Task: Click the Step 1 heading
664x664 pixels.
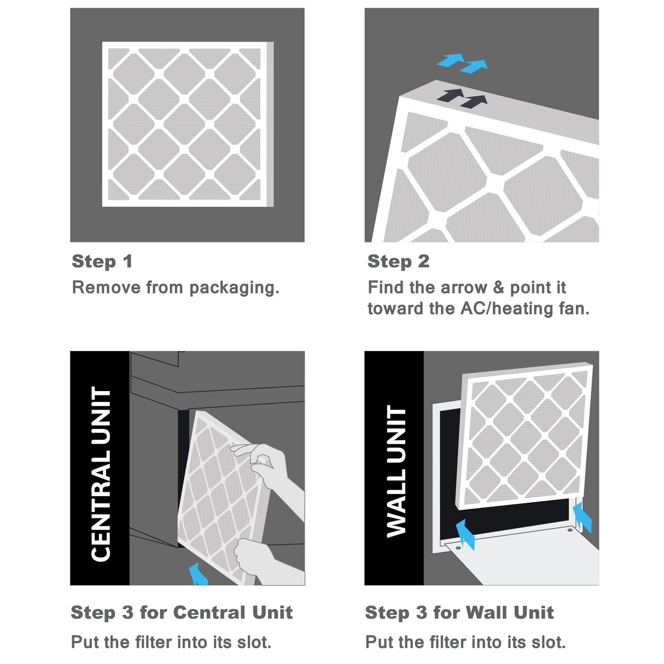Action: pyautogui.click(x=102, y=261)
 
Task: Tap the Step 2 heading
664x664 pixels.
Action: pyautogui.click(x=398, y=261)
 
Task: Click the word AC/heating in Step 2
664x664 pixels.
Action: pyautogui.click(x=506, y=308)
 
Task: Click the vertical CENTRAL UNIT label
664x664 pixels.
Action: pyautogui.click(x=101, y=473)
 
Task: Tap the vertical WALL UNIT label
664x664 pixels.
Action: pyautogui.click(x=397, y=470)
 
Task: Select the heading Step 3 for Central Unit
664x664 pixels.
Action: pyautogui.click(x=182, y=612)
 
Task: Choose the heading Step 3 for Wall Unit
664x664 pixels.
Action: pyautogui.click(x=459, y=612)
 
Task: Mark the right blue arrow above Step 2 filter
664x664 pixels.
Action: pyautogui.click(x=474, y=67)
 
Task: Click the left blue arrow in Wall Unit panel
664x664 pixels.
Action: pyautogui.click(x=465, y=534)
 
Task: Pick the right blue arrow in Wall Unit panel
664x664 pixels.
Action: pyautogui.click(x=582, y=517)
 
